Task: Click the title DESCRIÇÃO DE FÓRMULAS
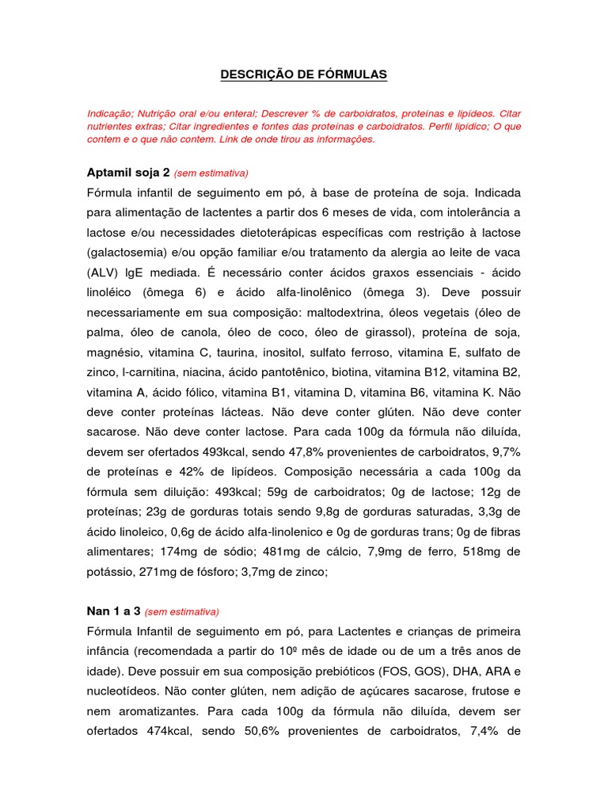(x=303, y=74)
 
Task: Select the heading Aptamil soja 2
(x=126, y=173)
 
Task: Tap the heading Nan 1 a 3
(x=113, y=611)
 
